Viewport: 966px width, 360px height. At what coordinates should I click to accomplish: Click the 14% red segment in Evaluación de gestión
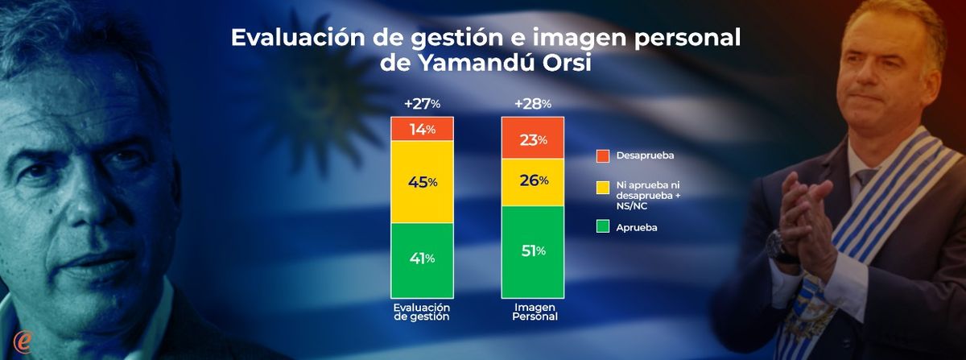[x=422, y=129]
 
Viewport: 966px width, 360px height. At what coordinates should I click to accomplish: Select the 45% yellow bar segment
[x=422, y=182]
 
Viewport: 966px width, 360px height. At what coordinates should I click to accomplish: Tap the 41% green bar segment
[x=422, y=258]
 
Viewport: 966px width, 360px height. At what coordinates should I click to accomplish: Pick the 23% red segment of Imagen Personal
[x=532, y=139]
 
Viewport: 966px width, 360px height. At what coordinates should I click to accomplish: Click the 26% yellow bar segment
[x=532, y=180]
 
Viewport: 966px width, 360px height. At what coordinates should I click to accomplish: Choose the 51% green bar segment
[x=532, y=250]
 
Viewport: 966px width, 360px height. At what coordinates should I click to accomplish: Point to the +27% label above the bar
[x=422, y=104]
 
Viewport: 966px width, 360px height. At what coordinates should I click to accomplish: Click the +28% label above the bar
[x=532, y=104]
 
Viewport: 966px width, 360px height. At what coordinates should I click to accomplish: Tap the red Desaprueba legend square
[x=603, y=155]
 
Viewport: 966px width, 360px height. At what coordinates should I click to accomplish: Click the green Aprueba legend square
[x=603, y=228]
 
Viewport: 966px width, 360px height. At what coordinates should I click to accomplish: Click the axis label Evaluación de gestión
[x=422, y=312]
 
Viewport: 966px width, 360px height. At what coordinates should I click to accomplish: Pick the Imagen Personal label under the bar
[x=532, y=312]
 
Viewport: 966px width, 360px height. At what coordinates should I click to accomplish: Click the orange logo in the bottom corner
[x=23, y=341]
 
